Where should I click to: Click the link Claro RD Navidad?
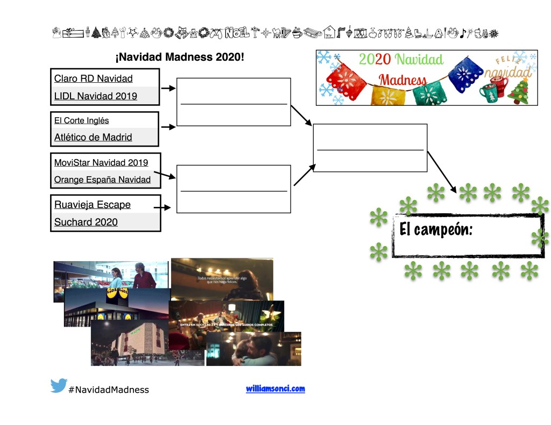[93, 78]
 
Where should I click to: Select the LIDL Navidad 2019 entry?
[95, 96]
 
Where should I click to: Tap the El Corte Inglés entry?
[81, 120]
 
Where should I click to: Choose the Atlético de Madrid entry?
[93, 137]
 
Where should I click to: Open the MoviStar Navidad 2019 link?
[101, 162]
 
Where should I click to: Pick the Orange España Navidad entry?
[102, 179]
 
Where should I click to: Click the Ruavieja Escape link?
[92, 205]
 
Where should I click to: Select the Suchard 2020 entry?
[86, 222]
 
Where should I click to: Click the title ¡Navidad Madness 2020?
[180, 56]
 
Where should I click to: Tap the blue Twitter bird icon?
[59, 386]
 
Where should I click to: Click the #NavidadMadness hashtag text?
[109, 390]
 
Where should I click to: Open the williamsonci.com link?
[275, 388]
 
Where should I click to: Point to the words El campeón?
[436, 229]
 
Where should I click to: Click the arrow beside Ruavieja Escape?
[162, 207]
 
